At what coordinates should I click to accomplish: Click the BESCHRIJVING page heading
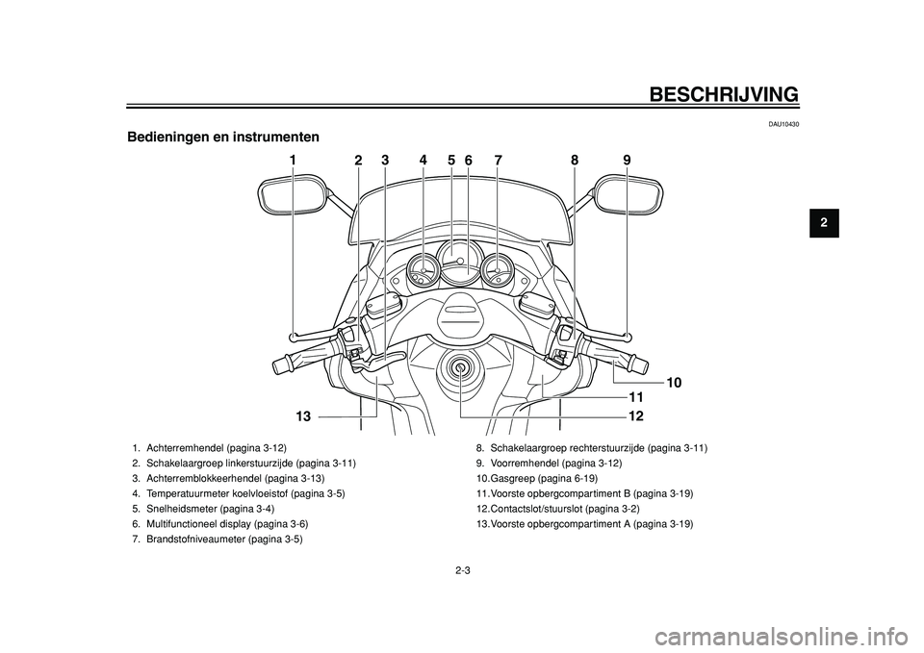tap(724, 94)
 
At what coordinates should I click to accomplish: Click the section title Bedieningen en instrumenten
tap(223, 138)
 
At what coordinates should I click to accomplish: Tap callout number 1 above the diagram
tap(293, 160)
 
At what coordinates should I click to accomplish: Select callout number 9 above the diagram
tap(627, 160)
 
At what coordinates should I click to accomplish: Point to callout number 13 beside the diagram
tap(303, 416)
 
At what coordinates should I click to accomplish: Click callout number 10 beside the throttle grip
tap(674, 383)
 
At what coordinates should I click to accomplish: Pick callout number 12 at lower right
tap(636, 416)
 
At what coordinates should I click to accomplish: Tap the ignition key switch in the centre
tap(458, 368)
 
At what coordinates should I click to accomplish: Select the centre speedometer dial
tap(460, 263)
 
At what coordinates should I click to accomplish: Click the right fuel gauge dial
tap(497, 269)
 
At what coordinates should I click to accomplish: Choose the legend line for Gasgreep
tap(537, 478)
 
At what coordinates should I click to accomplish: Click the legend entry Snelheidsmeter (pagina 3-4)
tap(203, 509)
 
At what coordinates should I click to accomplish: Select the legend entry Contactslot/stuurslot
tap(558, 509)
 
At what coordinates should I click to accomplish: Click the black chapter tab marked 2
tap(824, 223)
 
